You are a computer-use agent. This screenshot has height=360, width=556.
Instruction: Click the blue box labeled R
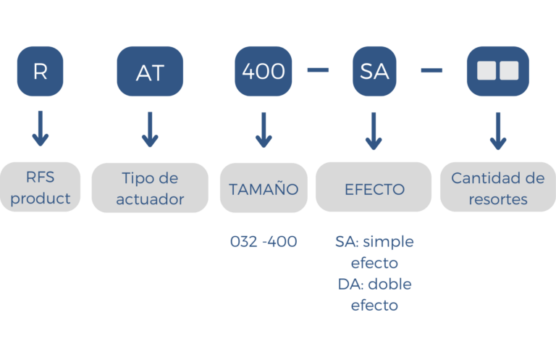[41, 72]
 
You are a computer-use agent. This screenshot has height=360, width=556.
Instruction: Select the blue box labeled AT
[150, 72]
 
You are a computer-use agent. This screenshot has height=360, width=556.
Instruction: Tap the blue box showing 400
[264, 72]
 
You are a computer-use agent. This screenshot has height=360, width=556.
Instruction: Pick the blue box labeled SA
[374, 72]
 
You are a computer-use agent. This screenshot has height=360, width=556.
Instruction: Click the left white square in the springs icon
[486, 71]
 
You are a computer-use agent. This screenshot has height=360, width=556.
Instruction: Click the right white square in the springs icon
[509, 71]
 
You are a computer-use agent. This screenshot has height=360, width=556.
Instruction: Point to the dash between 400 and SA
[318, 70]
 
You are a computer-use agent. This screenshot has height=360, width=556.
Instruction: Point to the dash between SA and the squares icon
[431, 70]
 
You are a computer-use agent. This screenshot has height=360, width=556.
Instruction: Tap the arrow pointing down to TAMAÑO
[264, 130]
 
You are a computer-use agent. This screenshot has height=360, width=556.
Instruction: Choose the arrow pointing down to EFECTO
[374, 130]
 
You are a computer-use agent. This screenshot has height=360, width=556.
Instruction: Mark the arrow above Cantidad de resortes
[497, 130]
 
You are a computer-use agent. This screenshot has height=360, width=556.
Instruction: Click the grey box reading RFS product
[41, 188]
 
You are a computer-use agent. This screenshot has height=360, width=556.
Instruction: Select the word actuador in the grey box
[150, 199]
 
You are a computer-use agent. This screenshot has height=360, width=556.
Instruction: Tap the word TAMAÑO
[264, 189]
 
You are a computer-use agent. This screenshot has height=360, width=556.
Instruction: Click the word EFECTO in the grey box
[374, 189]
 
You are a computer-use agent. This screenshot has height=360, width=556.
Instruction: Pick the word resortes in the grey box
[497, 199]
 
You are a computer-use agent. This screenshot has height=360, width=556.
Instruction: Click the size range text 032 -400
[264, 242]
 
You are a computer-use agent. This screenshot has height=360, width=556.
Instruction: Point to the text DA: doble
[374, 284]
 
